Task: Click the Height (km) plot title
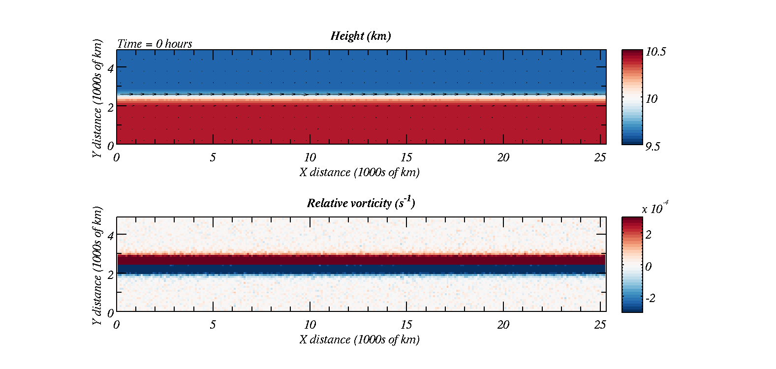361,36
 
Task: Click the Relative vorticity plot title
361,203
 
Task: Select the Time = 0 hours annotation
155,44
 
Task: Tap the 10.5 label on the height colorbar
655,52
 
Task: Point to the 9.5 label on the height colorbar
652,147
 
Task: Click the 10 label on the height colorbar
652,99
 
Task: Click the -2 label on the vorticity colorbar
650,298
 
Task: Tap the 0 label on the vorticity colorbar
649,267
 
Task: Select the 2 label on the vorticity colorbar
649,235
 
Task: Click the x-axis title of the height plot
360,172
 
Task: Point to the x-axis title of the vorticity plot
360,339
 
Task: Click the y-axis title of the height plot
97,98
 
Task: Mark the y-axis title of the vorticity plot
97,266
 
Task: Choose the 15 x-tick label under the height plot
406,157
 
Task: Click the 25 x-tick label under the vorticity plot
600,325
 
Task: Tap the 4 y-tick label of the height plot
110,68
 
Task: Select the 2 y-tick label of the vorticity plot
110,275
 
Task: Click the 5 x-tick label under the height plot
213,157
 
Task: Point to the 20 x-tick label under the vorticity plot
503,325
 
